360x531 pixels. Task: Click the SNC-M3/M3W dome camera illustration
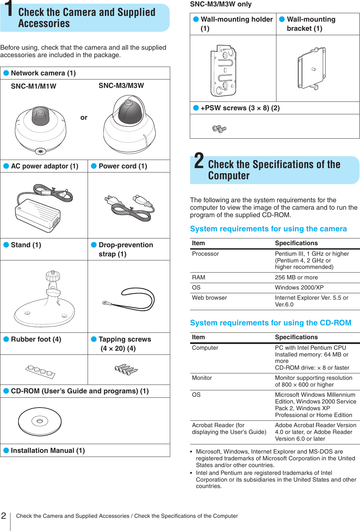[129, 124]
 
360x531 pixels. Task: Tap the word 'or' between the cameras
[84, 118]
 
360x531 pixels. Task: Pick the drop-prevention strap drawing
[130, 299]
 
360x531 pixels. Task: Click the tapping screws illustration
[126, 369]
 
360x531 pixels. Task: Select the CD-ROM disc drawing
[40, 421]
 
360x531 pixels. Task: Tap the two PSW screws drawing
[219, 129]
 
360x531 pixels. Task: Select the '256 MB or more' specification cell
[296, 277]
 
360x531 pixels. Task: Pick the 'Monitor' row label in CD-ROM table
[202, 378]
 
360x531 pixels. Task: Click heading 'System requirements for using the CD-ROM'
[270, 323]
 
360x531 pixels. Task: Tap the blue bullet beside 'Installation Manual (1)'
[6, 451]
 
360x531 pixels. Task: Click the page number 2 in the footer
[4, 516]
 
